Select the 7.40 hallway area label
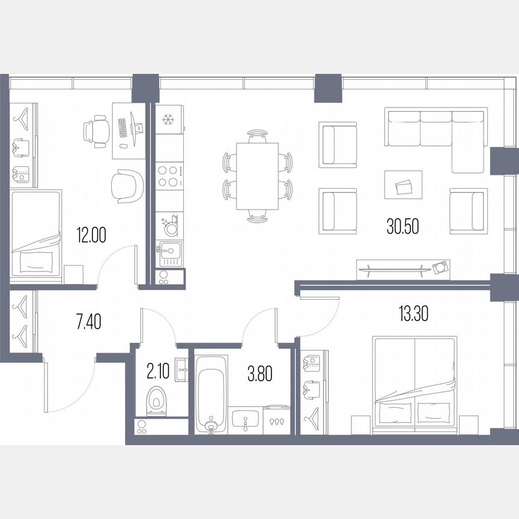[x=88, y=322]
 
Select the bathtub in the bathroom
[x=210, y=394]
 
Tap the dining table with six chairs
[x=257, y=176]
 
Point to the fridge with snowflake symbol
[x=168, y=120]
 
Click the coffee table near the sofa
[x=404, y=184]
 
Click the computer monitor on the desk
[x=138, y=127]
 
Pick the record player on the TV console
[x=441, y=267]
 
